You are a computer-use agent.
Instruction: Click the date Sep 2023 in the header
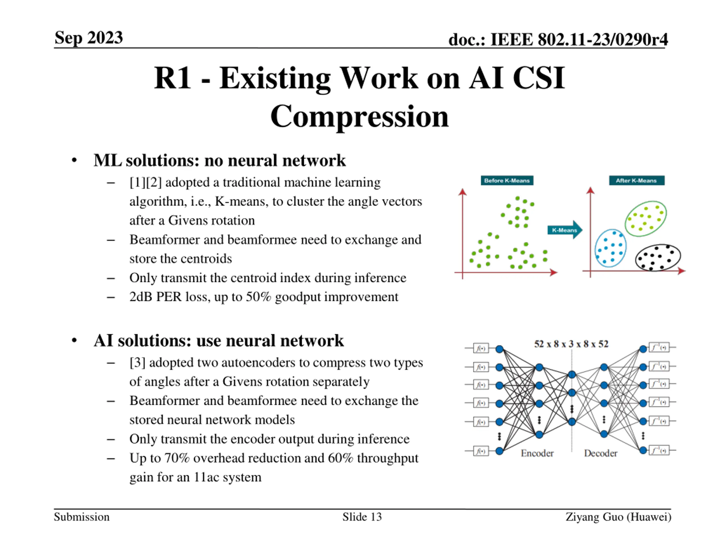[89, 38]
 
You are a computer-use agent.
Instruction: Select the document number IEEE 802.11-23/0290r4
[579, 40]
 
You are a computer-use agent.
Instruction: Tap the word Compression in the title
[359, 117]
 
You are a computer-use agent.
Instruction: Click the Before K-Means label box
[507, 180]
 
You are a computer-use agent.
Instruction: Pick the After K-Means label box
[636, 180]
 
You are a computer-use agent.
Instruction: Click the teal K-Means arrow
[565, 230]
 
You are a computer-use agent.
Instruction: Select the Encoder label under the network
[537, 453]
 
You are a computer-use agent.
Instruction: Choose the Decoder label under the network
[600, 453]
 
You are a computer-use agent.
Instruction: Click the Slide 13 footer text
[362, 517]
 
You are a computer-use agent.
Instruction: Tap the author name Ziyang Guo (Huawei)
[618, 517]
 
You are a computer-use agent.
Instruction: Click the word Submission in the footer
[81, 517]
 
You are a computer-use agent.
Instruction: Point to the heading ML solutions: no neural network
[220, 160]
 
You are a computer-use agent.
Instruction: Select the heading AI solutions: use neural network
[219, 341]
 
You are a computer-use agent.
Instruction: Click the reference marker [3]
[137, 363]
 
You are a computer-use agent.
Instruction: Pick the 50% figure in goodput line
[258, 297]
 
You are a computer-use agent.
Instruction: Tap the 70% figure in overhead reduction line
[177, 458]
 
